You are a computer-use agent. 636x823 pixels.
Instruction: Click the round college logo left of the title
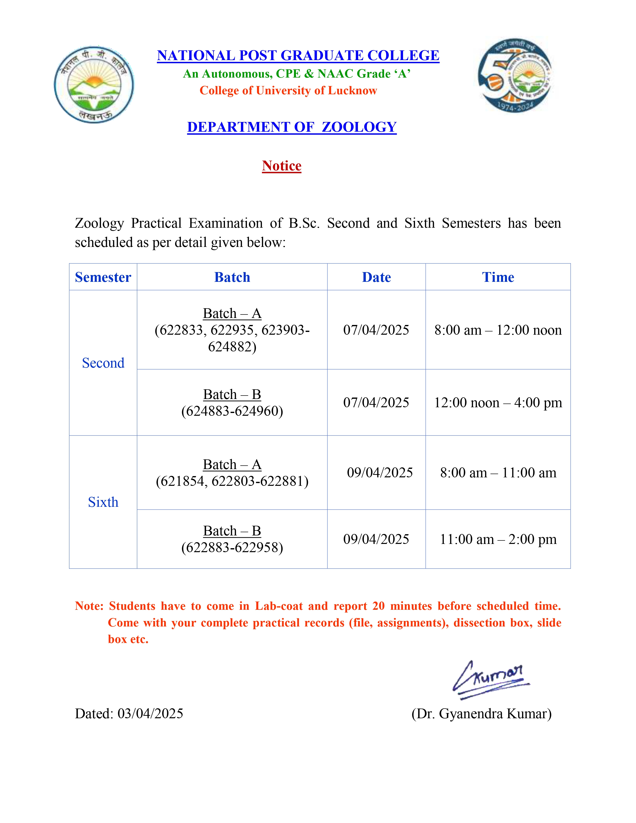(94, 85)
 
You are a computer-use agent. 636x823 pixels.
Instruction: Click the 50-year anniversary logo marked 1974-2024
(515, 75)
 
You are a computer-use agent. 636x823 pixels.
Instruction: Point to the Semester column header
(103, 277)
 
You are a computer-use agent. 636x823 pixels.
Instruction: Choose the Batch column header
(232, 277)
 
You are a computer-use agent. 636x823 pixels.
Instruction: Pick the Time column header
(498, 277)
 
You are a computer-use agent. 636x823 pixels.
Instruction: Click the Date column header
(376, 277)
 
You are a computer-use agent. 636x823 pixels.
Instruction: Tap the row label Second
(103, 363)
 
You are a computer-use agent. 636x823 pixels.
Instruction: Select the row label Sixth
(103, 502)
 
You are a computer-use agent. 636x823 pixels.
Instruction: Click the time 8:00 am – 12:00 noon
(498, 330)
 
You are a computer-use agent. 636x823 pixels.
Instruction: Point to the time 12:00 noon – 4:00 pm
(498, 403)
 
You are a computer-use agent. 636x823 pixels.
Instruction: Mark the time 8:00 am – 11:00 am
(498, 473)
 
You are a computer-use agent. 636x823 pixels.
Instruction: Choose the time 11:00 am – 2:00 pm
(498, 539)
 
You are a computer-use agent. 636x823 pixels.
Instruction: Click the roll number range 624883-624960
(232, 411)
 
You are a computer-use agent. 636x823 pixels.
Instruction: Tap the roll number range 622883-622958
(232, 547)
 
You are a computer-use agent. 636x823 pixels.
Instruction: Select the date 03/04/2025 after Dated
(150, 714)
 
